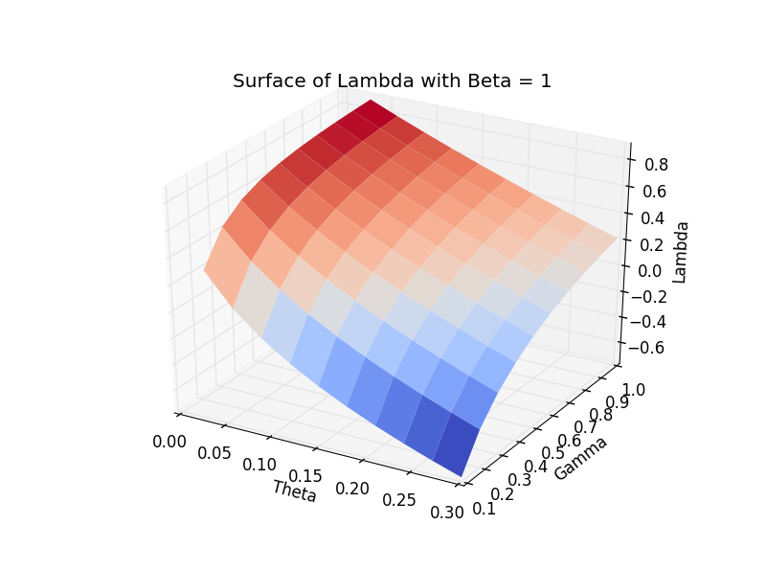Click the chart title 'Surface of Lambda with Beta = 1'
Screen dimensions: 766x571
pos(392,80)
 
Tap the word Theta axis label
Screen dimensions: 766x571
pos(295,491)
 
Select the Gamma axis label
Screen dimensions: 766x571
pos(581,458)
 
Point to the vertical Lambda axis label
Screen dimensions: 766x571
pos(680,252)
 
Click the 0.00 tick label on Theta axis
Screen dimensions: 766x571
pos(169,442)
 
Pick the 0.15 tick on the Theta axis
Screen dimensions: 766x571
pos(305,476)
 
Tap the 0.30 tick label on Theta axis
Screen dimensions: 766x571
pos(447,513)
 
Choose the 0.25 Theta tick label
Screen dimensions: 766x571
pos(399,500)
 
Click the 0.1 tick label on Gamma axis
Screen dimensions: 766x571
pos(484,509)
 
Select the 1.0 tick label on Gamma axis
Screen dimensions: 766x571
pos(634,389)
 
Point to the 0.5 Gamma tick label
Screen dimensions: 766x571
pos(553,453)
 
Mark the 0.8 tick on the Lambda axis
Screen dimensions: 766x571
pos(656,165)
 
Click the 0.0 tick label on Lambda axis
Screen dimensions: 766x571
pos(650,270)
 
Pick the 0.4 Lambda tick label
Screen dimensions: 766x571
pos(653,218)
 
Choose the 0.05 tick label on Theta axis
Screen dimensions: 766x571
pos(214,453)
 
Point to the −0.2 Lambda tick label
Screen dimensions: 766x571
pos(648,296)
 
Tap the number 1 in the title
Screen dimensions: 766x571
pos(546,81)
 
